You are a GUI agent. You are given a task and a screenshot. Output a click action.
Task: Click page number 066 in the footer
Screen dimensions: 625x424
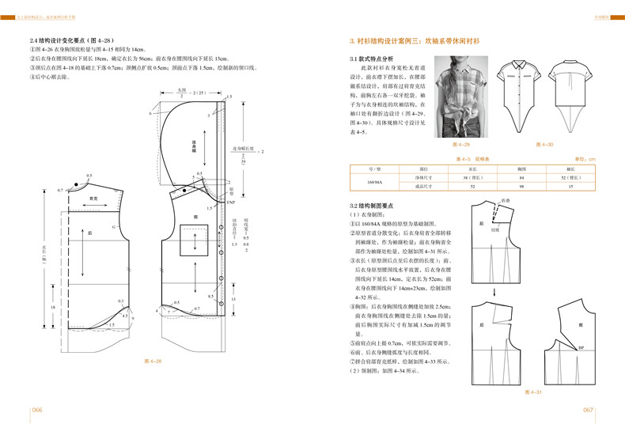[x=36, y=410]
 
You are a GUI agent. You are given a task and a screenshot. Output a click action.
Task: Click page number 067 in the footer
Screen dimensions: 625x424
[x=588, y=410]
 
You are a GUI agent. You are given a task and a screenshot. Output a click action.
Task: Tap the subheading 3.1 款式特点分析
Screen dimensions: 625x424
[x=372, y=59]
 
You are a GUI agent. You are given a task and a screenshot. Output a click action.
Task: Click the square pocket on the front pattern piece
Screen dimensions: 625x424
[x=193, y=241]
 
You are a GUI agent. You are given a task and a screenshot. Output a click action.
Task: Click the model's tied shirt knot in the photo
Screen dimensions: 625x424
[x=460, y=121]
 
